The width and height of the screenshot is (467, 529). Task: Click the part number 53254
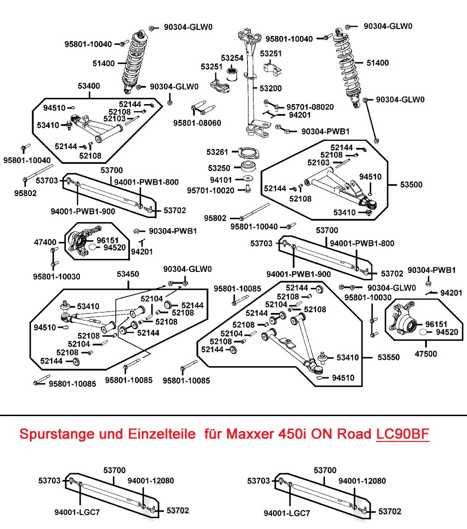[x=232, y=58]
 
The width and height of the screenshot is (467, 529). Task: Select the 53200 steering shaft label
[x=271, y=88]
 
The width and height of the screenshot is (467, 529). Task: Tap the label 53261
[x=218, y=152]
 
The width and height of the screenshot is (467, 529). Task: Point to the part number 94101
[x=220, y=179]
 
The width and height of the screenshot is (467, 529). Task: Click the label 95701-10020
[x=211, y=190]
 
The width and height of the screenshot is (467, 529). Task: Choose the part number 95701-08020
[x=310, y=107]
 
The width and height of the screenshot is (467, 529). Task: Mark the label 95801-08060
[x=197, y=123]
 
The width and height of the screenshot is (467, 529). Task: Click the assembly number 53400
[x=89, y=86]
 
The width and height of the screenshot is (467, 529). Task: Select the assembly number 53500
[x=411, y=185]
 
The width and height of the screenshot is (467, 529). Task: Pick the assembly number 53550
[x=389, y=358]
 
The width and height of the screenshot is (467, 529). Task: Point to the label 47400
[x=45, y=243]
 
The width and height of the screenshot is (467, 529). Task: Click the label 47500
[x=426, y=354]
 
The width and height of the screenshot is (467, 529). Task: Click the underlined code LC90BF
[x=403, y=434]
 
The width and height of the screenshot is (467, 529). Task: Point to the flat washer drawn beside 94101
[x=247, y=179]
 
